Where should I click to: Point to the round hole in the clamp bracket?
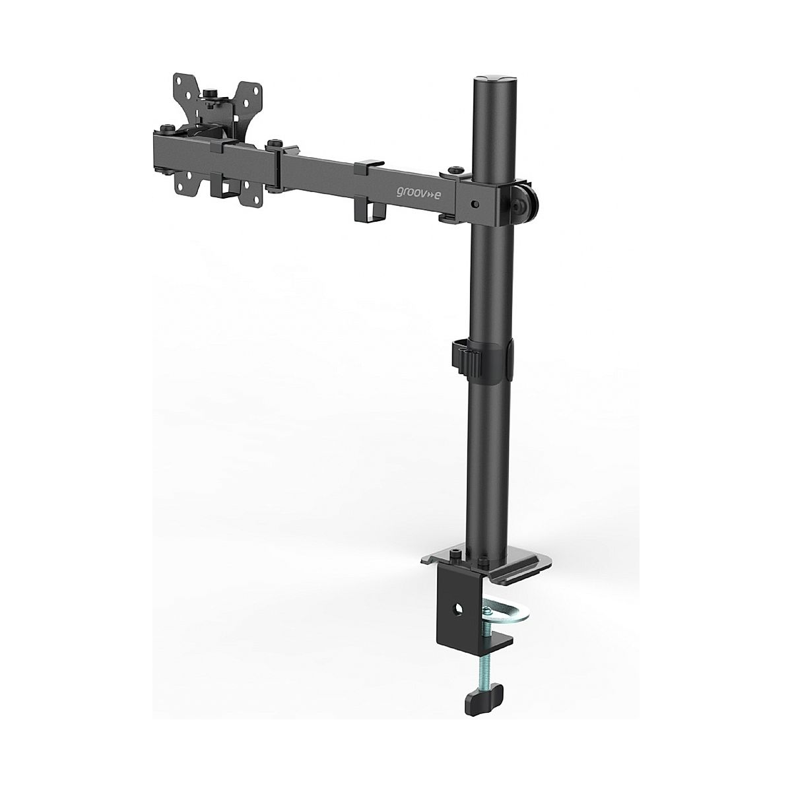[457, 610]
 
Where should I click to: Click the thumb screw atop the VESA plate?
[211, 94]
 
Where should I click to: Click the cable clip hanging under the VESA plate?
[225, 185]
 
